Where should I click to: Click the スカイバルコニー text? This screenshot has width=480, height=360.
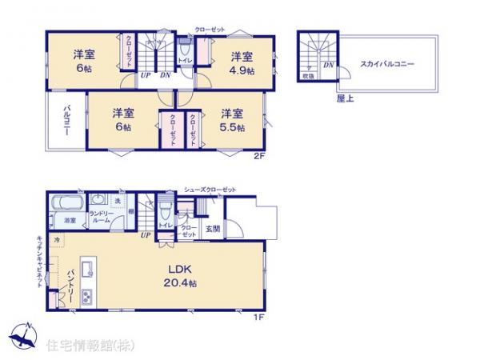(x=386, y=63)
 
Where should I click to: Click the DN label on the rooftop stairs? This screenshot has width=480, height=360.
(x=328, y=65)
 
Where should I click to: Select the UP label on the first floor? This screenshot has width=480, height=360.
(x=146, y=235)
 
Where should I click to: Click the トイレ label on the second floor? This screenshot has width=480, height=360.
(x=183, y=60)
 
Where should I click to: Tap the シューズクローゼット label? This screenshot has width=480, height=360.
(x=210, y=189)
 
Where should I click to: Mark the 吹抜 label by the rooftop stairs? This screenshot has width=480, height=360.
(x=308, y=76)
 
